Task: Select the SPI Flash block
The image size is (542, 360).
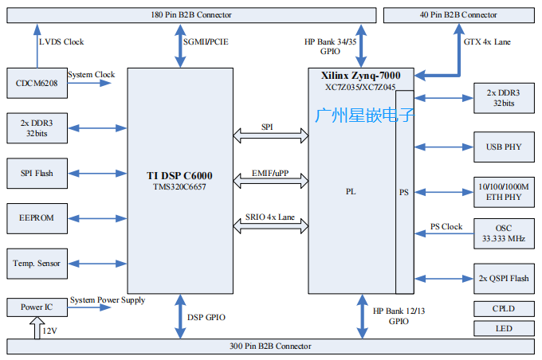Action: (x=35, y=172)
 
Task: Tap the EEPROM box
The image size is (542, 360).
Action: (x=35, y=217)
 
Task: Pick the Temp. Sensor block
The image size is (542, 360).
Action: (x=35, y=261)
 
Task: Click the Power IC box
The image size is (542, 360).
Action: (x=35, y=306)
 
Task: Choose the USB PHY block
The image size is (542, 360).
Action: (x=504, y=147)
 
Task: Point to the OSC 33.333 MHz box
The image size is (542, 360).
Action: (x=504, y=232)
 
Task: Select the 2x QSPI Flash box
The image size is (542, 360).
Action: (x=504, y=278)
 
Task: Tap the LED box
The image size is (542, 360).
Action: (x=504, y=328)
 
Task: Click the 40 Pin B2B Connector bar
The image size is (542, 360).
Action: (x=458, y=15)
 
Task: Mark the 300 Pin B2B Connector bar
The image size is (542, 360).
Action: (x=271, y=346)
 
